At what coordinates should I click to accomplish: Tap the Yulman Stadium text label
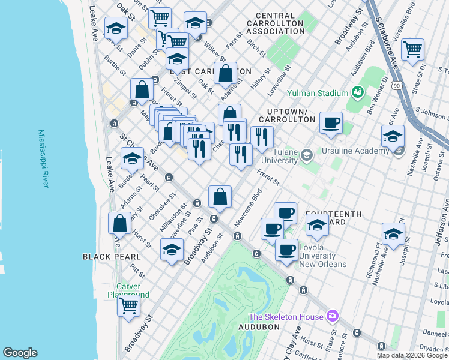318,93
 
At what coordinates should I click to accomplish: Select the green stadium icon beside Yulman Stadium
358,92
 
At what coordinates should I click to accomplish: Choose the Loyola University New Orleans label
322,255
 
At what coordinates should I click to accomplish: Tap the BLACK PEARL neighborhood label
106,256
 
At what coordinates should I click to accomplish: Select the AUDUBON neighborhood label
258,327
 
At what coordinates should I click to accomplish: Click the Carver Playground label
128,290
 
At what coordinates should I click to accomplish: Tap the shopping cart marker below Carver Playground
128,305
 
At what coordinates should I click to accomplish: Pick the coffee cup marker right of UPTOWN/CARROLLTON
331,122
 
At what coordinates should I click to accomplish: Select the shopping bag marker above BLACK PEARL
120,223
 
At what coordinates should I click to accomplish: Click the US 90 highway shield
397,85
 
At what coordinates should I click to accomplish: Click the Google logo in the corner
20,353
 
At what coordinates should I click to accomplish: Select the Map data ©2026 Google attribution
411,355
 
